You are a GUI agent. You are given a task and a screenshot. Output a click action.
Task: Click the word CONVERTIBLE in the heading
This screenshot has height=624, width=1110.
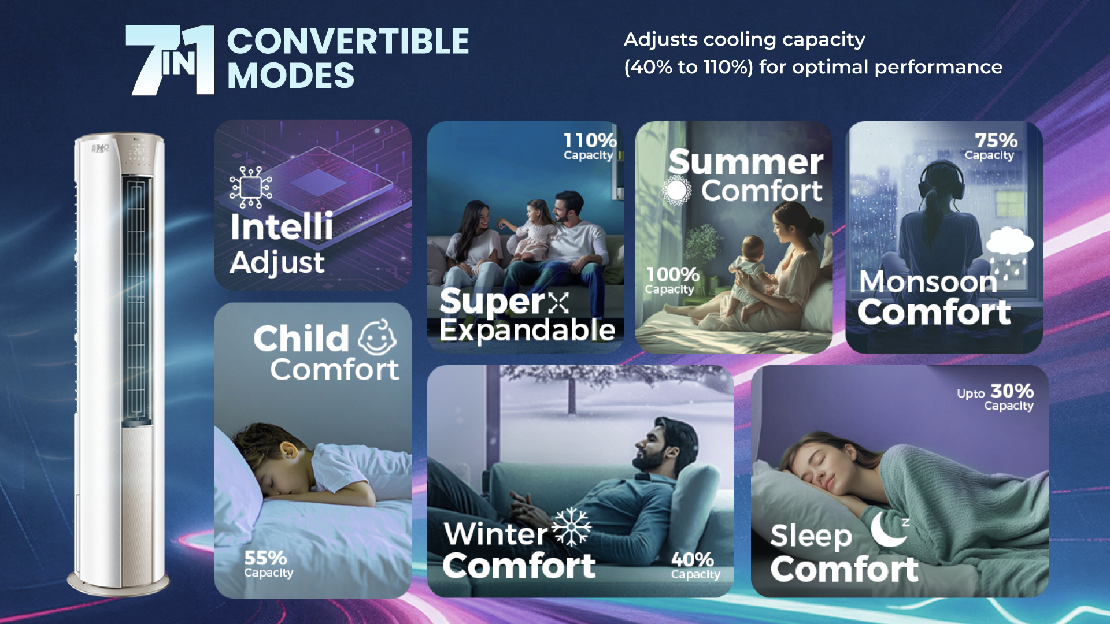point(348,42)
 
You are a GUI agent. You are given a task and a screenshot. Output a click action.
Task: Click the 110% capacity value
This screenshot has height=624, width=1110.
point(590,140)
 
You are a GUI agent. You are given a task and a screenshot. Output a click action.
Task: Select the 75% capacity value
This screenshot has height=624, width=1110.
point(996,140)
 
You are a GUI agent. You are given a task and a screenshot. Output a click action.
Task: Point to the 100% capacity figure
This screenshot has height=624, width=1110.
point(672,274)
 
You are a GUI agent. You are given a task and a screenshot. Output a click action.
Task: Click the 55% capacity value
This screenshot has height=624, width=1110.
point(265,558)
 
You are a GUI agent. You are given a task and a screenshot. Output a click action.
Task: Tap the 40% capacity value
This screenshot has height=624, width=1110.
point(693,559)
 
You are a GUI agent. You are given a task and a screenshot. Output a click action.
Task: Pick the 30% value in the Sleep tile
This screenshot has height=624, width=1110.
point(1012,391)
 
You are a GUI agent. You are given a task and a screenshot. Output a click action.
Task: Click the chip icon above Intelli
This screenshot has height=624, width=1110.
point(250,187)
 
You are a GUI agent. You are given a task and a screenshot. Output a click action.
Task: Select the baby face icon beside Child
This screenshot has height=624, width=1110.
point(378,337)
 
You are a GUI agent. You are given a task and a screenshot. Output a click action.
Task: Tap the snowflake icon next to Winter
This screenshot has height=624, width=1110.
point(571,527)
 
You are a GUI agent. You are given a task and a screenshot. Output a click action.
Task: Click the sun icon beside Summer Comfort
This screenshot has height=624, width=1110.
point(676,190)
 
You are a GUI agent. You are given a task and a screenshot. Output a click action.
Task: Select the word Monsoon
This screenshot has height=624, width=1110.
point(928,282)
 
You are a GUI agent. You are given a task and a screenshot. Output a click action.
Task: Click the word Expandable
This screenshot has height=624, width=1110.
point(527,330)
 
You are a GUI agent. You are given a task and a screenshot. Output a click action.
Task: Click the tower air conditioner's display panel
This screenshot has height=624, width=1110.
point(139,153)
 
